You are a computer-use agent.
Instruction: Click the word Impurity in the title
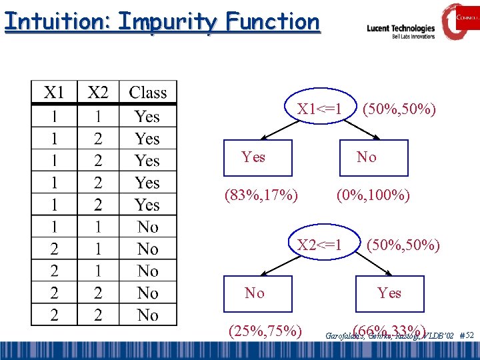[x=167, y=21]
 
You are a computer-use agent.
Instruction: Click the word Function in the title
[x=271, y=21]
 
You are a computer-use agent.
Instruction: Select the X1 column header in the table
[x=54, y=93]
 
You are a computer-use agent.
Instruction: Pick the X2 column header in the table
[x=98, y=93]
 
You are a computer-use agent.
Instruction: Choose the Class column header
[x=148, y=93]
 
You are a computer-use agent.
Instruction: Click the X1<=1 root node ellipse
[x=319, y=109]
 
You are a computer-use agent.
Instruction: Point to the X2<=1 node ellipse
[x=319, y=245]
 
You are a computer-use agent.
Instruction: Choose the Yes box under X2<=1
[x=389, y=293]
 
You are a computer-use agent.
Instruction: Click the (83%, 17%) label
[x=261, y=195]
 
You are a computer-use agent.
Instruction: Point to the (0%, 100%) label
[x=373, y=195]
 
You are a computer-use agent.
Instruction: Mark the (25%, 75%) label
[x=265, y=331]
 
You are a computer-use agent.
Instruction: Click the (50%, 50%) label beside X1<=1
[x=399, y=109]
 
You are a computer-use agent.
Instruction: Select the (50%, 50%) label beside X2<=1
[x=403, y=245]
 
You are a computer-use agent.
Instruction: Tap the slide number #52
[x=467, y=335]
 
